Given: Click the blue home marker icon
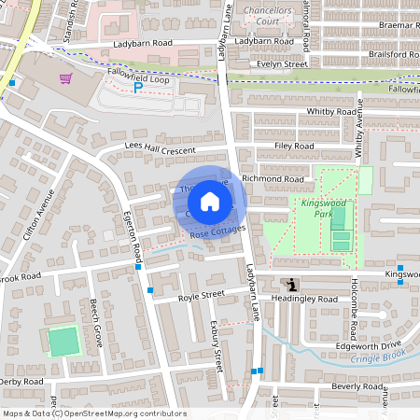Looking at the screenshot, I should coord(210,202).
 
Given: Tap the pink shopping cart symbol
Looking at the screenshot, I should coord(65,77).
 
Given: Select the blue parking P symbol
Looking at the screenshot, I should coord(138,88).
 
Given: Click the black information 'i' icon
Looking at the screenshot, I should coord(293,285).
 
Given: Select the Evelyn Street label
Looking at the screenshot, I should coord(284,64).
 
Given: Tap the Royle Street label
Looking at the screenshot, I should coord(202,295).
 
